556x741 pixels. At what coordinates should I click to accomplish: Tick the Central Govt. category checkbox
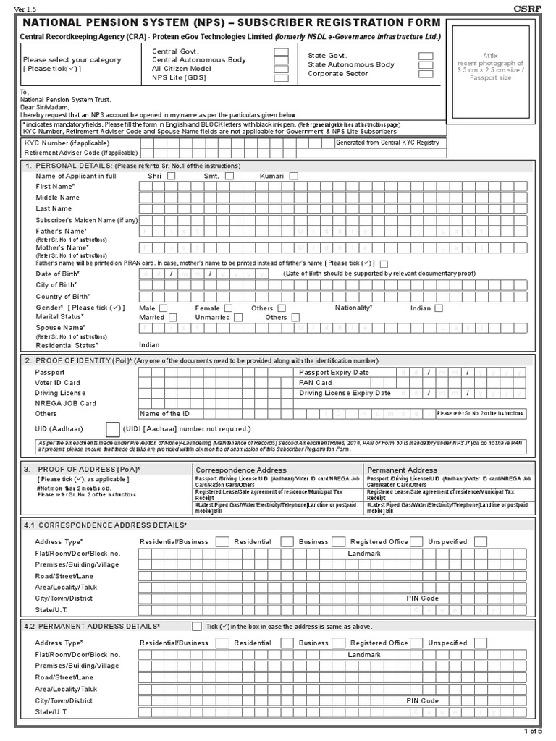pos(280,51)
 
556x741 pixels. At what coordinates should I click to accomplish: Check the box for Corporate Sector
pos(426,73)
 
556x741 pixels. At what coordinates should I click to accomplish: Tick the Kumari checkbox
pos(293,176)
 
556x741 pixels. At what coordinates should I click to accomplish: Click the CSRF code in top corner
pos(540,8)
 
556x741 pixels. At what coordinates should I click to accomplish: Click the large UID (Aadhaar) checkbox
pos(113,429)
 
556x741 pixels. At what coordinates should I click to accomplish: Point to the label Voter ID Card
pos(57,383)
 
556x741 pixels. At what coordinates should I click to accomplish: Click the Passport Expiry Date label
pos(334,372)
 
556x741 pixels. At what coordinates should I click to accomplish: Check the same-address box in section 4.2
pos(197,626)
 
